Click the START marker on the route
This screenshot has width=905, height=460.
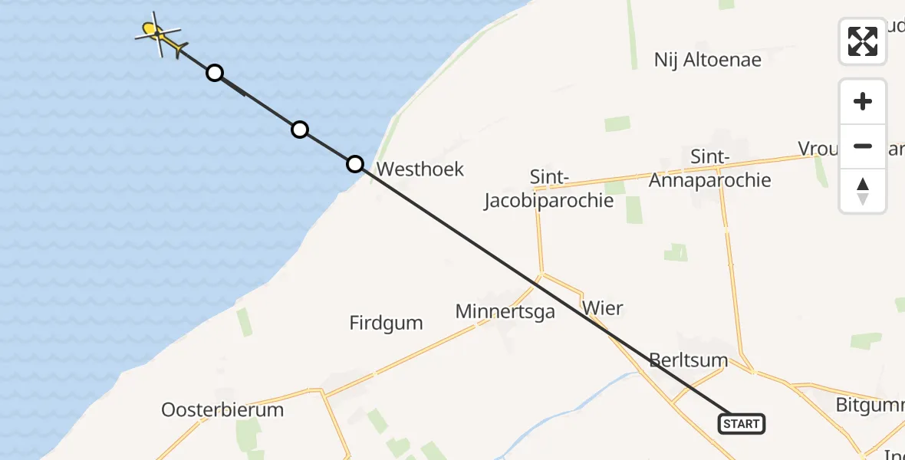tap(742, 423)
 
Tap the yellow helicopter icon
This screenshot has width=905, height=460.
tap(160, 34)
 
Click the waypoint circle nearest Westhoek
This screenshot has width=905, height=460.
tap(355, 163)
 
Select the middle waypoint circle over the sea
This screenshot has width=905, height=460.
tap(300, 130)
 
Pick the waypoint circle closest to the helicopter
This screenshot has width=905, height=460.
tap(216, 73)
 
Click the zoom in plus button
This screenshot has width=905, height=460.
tap(863, 101)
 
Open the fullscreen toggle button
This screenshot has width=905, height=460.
tap(863, 41)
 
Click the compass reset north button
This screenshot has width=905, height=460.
tap(863, 191)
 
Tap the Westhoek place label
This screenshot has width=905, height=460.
tap(420, 169)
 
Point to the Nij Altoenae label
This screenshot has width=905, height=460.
tap(708, 60)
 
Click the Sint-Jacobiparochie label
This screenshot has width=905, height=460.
tap(549, 189)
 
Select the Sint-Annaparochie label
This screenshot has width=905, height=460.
tap(709, 169)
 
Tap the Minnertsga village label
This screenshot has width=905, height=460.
tap(505, 312)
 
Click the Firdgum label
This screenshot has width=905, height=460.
tap(386, 323)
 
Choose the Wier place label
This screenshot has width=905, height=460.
tap(603, 308)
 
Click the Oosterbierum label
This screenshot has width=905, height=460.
tap(222, 409)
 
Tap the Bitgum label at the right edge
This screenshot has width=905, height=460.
tap(871, 403)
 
